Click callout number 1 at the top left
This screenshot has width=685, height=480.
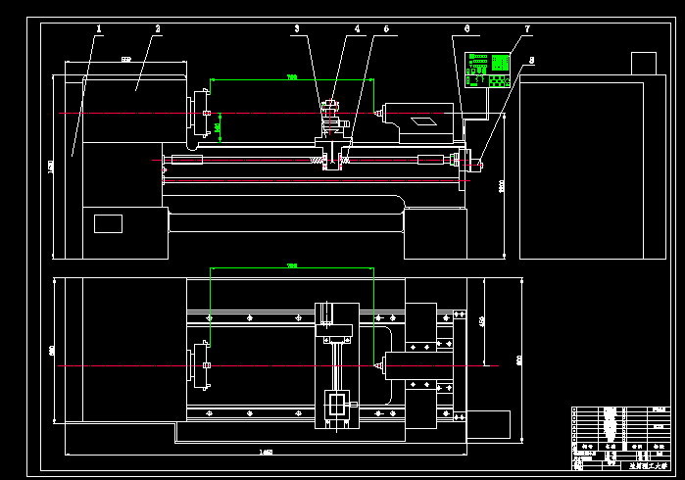(x=99, y=29)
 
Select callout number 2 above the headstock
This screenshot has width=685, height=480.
(x=157, y=29)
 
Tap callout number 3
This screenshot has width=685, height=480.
(x=297, y=29)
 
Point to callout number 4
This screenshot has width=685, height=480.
(x=358, y=29)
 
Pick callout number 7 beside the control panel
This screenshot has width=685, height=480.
(x=527, y=29)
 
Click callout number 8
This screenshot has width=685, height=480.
(x=531, y=61)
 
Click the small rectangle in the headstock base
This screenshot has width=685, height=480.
(x=108, y=223)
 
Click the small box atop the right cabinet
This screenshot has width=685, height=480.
(x=643, y=63)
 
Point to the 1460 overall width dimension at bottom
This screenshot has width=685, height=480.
(x=266, y=452)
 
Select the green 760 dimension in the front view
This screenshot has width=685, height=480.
(x=291, y=77)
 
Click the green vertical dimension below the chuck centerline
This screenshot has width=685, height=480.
(x=218, y=126)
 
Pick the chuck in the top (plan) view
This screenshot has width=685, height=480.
(x=205, y=365)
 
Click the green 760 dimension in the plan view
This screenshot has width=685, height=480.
(x=291, y=265)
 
